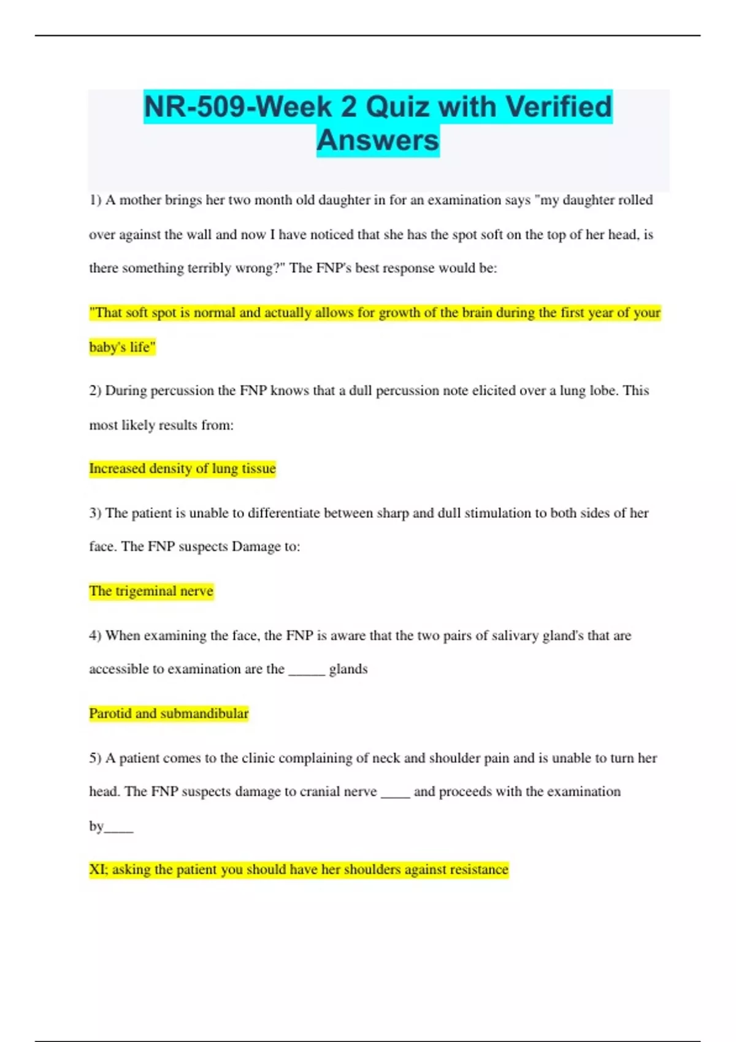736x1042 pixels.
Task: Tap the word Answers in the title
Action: (378, 140)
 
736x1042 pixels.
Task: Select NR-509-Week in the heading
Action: (239, 107)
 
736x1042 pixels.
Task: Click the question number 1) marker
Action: (95, 200)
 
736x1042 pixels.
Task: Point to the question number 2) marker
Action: (95, 391)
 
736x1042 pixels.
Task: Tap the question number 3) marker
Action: (95, 513)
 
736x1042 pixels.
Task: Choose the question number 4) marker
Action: (95, 636)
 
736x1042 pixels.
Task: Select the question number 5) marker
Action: (95, 758)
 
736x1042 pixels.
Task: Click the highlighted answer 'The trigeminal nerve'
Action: (151, 591)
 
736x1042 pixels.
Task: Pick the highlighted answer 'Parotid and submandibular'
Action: (169, 713)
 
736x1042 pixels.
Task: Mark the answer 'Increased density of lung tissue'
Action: (182, 469)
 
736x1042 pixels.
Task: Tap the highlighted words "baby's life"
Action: (122, 348)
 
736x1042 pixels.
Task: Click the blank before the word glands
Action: (307, 671)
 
